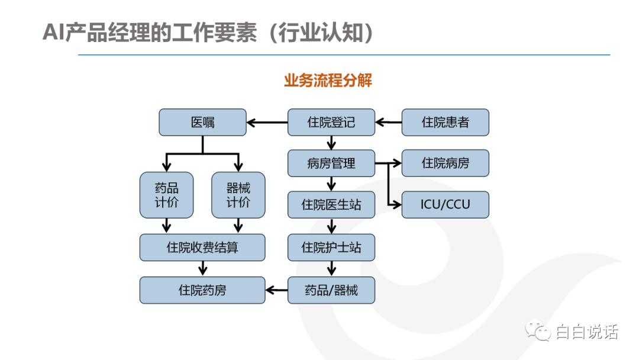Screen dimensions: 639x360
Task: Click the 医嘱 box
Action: click(202, 123)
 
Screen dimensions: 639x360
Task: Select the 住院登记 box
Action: click(331, 123)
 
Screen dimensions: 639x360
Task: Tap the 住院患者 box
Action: click(446, 123)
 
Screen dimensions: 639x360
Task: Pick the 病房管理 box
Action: click(331, 163)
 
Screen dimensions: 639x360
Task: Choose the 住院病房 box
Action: click(446, 163)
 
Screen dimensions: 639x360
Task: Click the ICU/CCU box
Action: click(446, 205)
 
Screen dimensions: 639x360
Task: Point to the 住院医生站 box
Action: click(331, 205)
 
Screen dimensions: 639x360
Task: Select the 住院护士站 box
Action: click(331, 247)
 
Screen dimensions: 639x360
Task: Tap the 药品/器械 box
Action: click(331, 290)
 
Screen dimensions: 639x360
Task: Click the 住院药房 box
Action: click(202, 290)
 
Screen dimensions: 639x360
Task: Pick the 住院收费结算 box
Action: click(202, 247)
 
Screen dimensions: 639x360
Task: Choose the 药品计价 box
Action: click(167, 195)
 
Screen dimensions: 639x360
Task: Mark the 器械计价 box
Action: click(238, 195)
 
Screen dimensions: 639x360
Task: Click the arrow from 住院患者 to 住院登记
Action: click(388, 123)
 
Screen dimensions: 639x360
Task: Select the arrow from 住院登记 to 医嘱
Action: click(267, 123)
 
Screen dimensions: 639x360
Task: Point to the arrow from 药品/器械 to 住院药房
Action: click(276, 290)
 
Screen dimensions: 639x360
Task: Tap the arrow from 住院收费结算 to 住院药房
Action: click(202, 269)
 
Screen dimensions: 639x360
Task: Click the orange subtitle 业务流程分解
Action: click(328, 81)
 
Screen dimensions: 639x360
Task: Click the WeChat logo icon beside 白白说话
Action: click(538, 330)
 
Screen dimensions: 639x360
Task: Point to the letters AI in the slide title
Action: click(53, 32)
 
